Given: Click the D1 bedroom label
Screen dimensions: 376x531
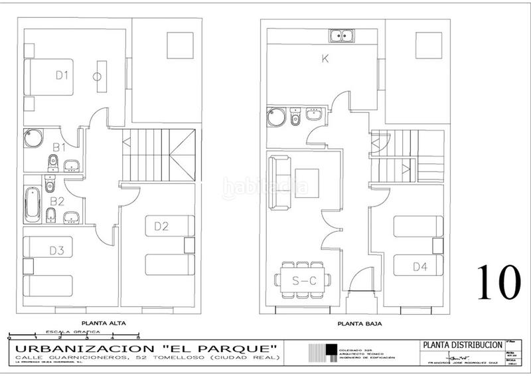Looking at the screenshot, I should click(x=62, y=76).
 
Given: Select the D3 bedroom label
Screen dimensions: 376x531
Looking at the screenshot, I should click(x=56, y=250).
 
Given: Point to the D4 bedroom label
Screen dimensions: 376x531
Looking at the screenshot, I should click(x=419, y=267).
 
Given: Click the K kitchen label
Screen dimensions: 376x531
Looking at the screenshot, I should click(x=325, y=58).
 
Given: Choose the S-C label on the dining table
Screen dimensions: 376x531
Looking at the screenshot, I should click(x=304, y=282).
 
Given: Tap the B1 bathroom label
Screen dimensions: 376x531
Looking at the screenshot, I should click(x=59, y=146).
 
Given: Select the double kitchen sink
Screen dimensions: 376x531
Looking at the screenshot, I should click(x=344, y=35).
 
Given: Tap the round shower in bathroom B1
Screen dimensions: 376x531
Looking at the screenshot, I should click(x=33, y=140).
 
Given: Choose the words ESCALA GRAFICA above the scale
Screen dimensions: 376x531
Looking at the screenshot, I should click(x=73, y=330).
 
